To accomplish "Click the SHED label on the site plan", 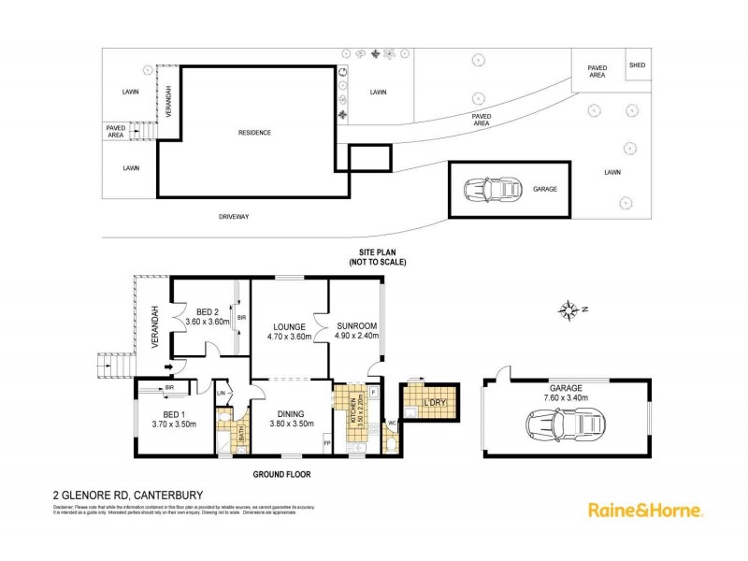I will pyautogui.click(x=637, y=65).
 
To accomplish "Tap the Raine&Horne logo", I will pyautogui.click(x=644, y=510).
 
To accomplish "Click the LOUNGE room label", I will pyautogui.click(x=289, y=326).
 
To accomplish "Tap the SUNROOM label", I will pyautogui.click(x=357, y=326).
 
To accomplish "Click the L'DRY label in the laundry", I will pyautogui.click(x=434, y=402).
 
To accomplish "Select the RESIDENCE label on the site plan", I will pyautogui.click(x=254, y=133).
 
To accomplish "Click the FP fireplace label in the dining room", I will pyautogui.click(x=326, y=440).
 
